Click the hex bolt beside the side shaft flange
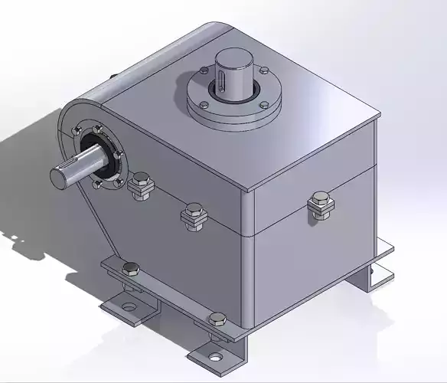coord(139,185)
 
